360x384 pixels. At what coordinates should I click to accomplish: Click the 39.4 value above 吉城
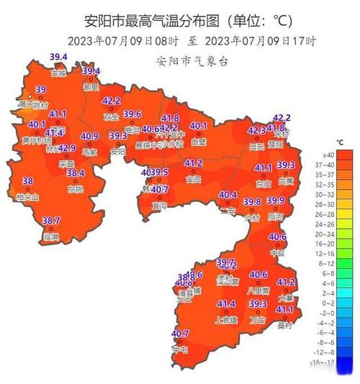point(58,57)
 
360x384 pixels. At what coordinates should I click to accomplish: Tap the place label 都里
point(90,86)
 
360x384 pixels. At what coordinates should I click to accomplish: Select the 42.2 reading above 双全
point(111,101)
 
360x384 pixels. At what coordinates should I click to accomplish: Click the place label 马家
point(89,152)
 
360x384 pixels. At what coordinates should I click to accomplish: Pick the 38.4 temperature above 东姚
point(76,173)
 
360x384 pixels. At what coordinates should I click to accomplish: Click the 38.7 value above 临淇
point(50,220)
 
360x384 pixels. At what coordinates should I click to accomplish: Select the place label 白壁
point(198,142)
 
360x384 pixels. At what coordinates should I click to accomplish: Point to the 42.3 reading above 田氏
point(256,131)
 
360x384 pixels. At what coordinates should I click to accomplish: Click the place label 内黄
point(286,181)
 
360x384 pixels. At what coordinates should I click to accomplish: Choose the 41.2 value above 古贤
point(194,164)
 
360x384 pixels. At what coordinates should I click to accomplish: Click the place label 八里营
point(258,290)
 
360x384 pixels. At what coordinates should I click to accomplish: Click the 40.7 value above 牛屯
point(180,334)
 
